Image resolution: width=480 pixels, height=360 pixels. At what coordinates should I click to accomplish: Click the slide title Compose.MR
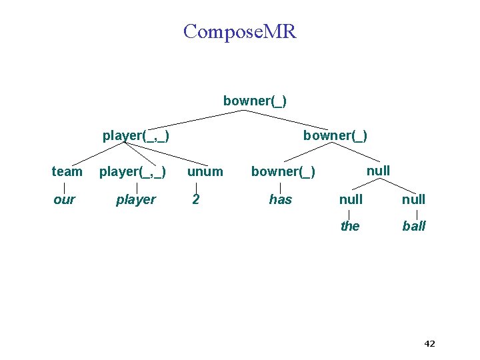point(240,31)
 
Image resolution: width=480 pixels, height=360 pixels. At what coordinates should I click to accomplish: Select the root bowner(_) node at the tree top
point(255,101)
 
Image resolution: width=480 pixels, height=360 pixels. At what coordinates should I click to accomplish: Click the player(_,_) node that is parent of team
point(135,136)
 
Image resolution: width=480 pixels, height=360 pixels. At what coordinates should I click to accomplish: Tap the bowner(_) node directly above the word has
point(283,171)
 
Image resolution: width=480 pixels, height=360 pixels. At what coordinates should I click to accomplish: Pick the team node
point(67,171)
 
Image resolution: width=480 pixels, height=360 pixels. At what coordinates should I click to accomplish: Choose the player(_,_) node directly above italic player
point(132,171)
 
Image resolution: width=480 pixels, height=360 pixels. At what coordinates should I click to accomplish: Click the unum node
point(205,171)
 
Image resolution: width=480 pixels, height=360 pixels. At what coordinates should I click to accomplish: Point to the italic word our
point(64,199)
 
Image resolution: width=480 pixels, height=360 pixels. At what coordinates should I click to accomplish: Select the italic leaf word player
point(135,199)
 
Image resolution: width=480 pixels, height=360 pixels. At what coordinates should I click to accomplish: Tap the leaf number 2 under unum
point(195,199)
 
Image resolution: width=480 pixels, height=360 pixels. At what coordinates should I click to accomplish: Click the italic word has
point(280,199)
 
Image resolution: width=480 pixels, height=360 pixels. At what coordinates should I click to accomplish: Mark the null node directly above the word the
point(351,199)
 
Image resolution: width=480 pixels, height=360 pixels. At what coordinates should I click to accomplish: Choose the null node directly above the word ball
point(413,199)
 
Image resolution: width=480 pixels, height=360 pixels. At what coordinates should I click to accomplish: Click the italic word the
point(350,226)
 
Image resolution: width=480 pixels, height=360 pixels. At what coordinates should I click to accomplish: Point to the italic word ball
point(413,226)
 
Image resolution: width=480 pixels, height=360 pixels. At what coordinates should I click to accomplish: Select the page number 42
point(429,344)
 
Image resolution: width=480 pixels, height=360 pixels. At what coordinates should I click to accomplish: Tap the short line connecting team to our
point(64,185)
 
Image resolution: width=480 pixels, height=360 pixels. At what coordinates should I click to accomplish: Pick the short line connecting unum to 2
point(196,185)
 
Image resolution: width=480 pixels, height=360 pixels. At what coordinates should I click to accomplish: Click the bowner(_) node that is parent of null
point(335,136)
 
